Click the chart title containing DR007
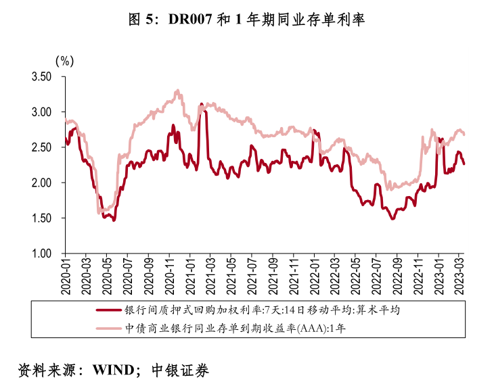[246, 20]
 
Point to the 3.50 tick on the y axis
[41, 76]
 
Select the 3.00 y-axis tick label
[41, 112]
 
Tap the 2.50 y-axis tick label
[41, 147]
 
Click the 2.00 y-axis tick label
[41, 183]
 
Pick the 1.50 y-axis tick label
[41, 218]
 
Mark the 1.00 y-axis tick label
[41, 254]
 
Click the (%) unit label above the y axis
[64, 61]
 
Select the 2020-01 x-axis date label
[66, 276]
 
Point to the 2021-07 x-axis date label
[252, 276]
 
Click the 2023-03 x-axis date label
[458, 276]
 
